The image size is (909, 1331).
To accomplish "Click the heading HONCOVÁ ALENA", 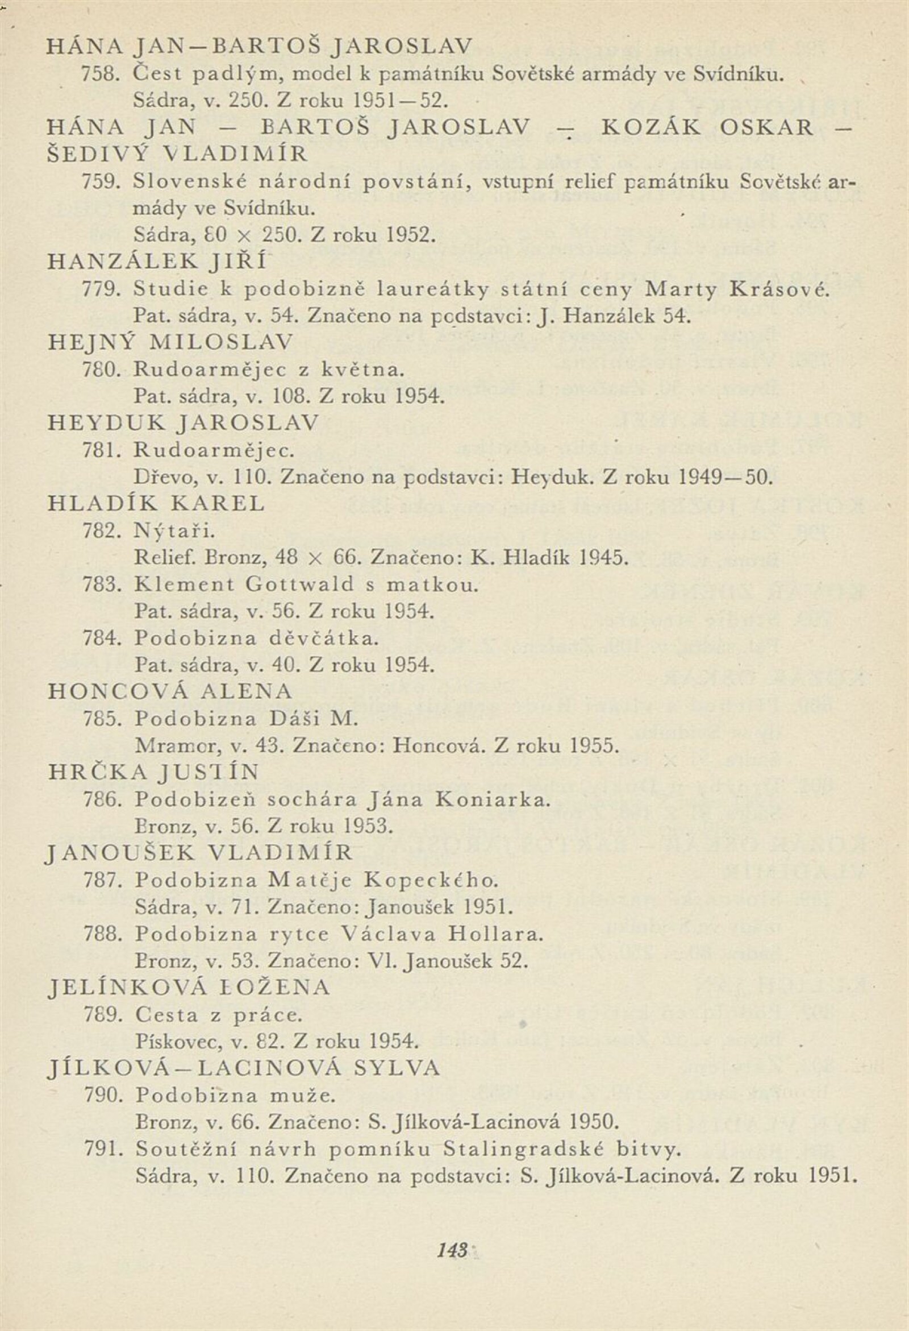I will coord(170,691).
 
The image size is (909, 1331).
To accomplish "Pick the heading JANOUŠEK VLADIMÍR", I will coord(199,853).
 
